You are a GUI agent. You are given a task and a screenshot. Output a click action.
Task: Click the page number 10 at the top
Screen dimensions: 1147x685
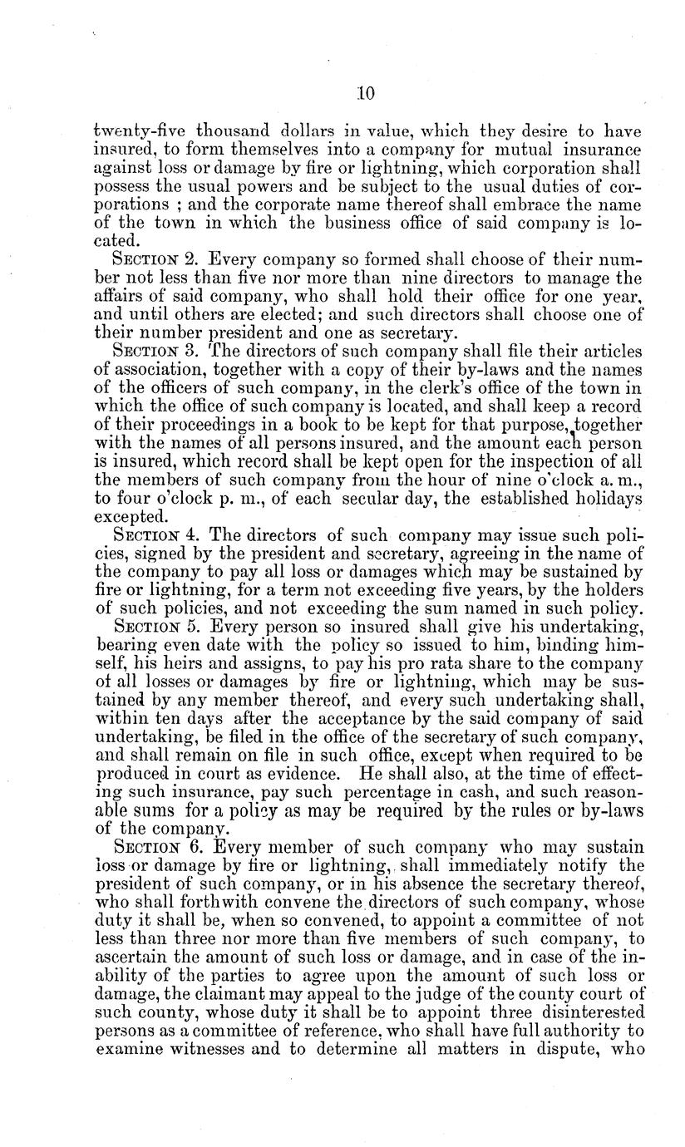point(366,94)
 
